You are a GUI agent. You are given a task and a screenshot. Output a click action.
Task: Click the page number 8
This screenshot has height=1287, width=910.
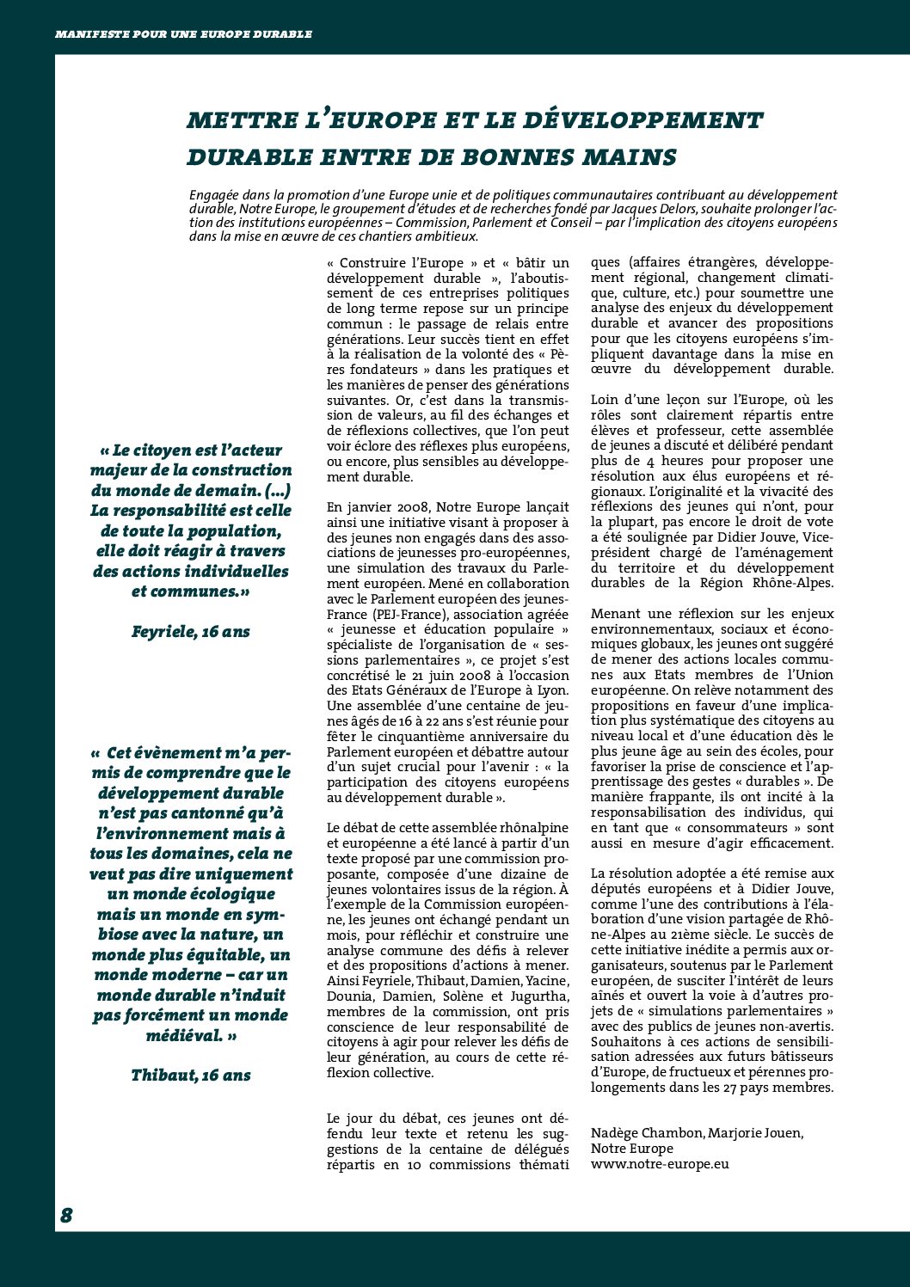point(66,1215)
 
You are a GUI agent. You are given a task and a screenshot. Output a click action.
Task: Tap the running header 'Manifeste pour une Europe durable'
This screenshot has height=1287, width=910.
point(183,34)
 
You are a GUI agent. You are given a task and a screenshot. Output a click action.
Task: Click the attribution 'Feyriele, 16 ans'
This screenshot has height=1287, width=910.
point(191,632)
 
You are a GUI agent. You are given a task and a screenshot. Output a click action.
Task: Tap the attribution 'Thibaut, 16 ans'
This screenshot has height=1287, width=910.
point(191,1076)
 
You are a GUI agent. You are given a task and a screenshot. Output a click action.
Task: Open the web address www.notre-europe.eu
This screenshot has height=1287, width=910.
point(660,1164)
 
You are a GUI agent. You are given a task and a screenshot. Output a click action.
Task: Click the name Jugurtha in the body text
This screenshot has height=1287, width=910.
point(538,996)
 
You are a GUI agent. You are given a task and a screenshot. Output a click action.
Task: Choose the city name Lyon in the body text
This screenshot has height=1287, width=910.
point(550,690)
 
